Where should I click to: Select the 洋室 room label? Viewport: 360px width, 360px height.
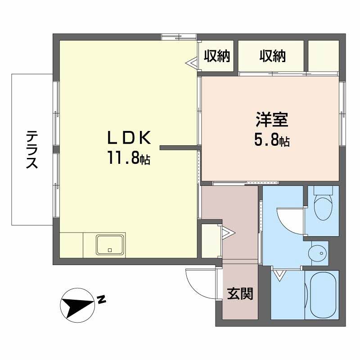272,120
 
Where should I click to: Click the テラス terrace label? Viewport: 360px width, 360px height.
31,149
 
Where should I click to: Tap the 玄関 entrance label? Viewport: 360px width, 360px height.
240,293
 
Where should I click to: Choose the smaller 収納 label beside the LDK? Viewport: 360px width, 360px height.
217,56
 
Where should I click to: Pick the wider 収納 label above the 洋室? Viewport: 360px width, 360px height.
272,56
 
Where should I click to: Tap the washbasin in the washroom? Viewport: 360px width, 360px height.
319,253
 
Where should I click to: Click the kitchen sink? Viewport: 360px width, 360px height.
110,245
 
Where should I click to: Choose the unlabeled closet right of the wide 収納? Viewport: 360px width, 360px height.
324,56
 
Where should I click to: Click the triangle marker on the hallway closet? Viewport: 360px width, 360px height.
228,232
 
